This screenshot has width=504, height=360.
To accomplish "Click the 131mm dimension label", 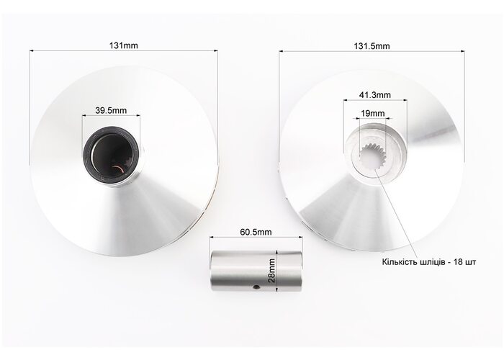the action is click(x=123, y=45).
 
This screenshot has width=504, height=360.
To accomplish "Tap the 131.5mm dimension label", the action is click(x=372, y=46).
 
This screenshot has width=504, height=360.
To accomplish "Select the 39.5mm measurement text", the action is click(x=111, y=111).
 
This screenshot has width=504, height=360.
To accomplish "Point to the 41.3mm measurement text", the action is click(x=375, y=95).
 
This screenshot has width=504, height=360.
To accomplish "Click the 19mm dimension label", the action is click(x=373, y=114).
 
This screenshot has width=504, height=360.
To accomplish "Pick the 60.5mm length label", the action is click(x=256, y=232).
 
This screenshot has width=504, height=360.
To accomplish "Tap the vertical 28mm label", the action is click(x=271, y=270).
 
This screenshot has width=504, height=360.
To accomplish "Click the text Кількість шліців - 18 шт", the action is click(x=429, y=262).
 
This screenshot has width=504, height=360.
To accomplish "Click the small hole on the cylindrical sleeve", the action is click(x=256, y=287).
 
